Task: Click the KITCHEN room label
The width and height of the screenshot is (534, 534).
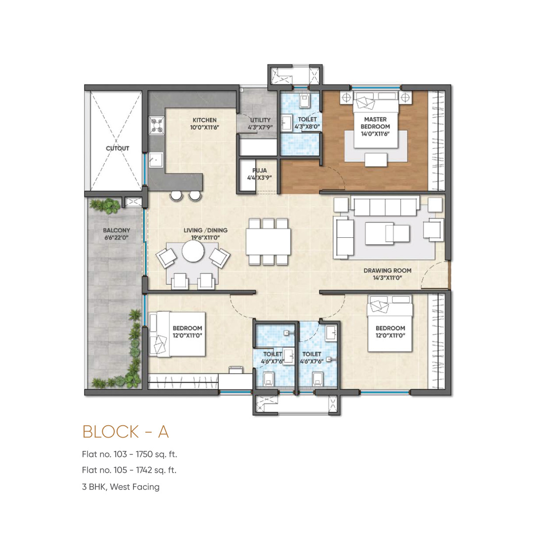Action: click(x=204, y=120)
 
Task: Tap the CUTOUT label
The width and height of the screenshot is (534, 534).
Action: click(x=118, y=148)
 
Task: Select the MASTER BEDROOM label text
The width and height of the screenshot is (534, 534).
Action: click(x=375, y=123)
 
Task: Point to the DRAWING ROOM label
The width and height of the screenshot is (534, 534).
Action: click(x=388, y=271)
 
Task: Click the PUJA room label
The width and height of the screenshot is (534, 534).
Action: click(x=260, y=171)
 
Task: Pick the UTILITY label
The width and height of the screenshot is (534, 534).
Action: click(x=260, y=120)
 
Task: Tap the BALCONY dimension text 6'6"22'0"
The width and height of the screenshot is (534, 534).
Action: click(x=117, y=238)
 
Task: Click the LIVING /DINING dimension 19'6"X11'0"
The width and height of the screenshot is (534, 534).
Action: click(x=205, y=238)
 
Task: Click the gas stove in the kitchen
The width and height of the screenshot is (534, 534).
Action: click(x=157, y=125)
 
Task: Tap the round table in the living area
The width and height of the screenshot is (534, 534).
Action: click(x=193, y=251)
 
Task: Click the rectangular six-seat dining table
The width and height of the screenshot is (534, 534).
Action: click(x=268, y=241)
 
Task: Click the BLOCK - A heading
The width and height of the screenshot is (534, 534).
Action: click(x=126, y=432)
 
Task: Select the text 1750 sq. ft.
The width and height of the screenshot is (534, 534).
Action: click(x=156, y=454)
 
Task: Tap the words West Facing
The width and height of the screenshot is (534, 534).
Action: click(x=134, y=487)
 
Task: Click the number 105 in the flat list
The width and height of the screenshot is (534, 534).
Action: click(x=120, y=470)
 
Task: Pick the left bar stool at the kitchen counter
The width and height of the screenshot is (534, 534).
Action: click(x=177, y=196)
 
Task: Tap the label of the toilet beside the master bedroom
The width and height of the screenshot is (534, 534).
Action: click(x=307, y=123)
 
